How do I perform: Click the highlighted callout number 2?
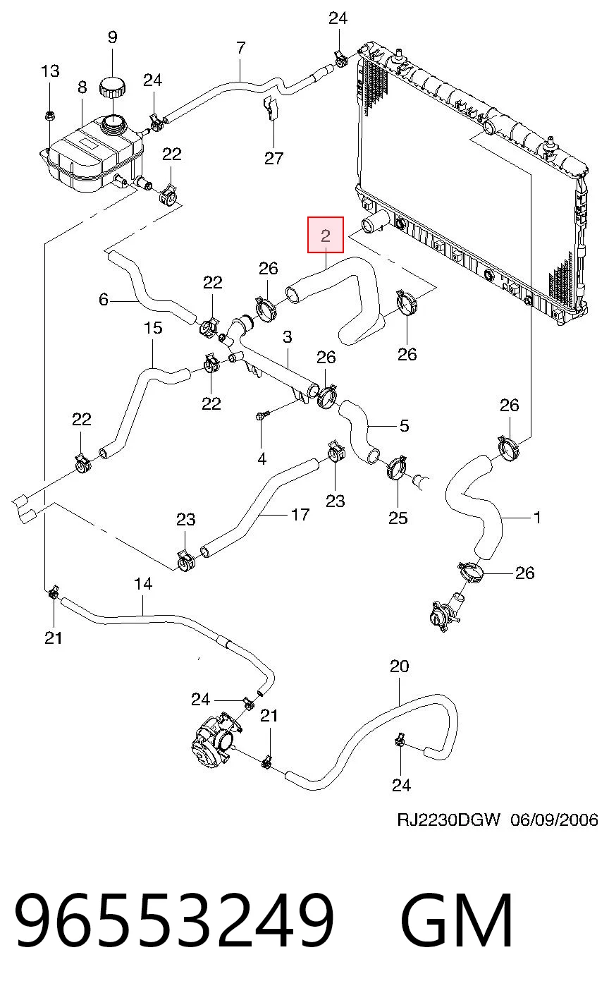326,236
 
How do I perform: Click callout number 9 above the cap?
113,37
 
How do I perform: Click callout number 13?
50,71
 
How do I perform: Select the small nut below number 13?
49,116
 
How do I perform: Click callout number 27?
273,158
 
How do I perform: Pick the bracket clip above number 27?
271,108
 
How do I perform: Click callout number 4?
262,458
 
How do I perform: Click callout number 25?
398,518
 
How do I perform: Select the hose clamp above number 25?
396,468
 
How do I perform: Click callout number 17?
300,515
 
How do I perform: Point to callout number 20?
399,666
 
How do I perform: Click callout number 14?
143,584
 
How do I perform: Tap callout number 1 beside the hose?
537,518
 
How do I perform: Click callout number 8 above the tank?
82,87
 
